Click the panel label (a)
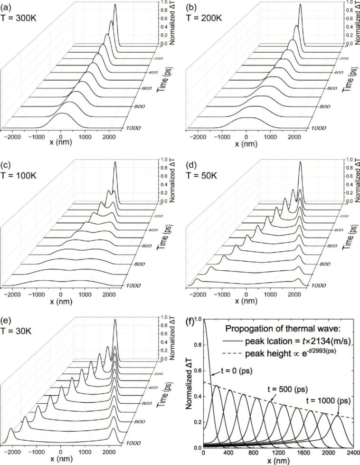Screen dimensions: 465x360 tap(9, 7)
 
